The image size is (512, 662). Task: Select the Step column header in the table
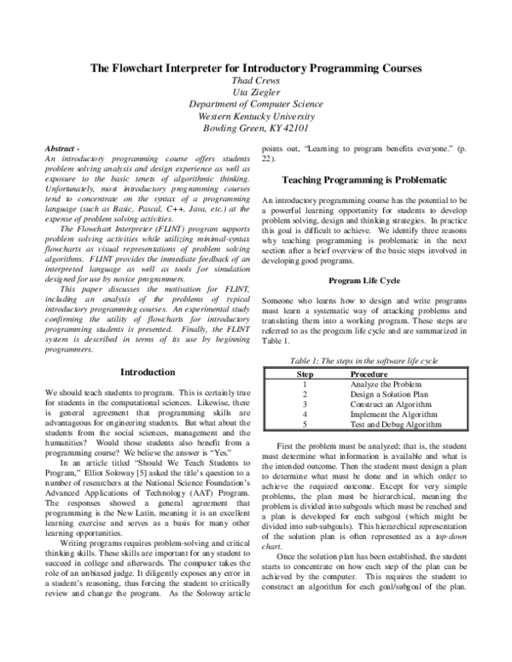pos(304,374)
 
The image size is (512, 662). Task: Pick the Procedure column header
pos(369,374)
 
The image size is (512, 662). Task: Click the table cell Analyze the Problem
pos(386,384)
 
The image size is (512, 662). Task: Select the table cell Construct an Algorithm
pos(390,404)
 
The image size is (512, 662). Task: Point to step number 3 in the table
pos(304,404)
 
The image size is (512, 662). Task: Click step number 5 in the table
pos(304,424)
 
